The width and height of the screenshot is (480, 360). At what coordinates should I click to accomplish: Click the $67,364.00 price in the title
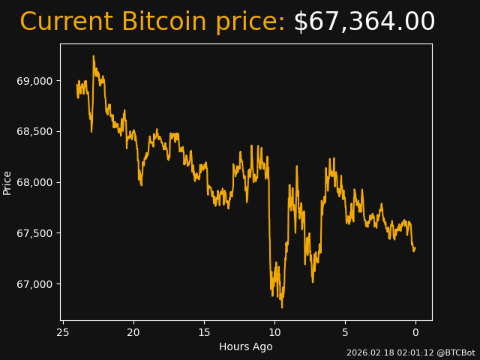[x=364, y=22]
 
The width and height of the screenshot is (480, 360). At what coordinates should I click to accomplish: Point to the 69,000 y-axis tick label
[x=34, y=81]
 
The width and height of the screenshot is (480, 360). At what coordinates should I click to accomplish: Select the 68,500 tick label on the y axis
[x=34, y=132]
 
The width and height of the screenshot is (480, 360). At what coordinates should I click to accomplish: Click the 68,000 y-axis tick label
[x=34, y=182]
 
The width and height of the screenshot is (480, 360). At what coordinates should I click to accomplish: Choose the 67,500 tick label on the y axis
[x=34, y=233]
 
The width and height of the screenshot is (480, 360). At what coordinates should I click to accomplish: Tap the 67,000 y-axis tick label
[x=34, y=284]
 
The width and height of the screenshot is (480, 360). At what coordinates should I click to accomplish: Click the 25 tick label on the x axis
[x=63, y=332]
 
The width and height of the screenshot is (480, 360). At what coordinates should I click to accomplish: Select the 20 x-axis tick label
[x=133, y=332]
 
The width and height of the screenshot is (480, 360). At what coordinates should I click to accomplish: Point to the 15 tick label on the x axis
[x=204, y=332]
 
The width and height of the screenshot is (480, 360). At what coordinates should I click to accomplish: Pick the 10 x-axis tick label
[x=274, y=332]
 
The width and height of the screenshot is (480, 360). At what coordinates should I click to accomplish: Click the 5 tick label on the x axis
[x=345, y=332]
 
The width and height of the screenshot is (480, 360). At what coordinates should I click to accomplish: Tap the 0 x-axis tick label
[x=415, y=332]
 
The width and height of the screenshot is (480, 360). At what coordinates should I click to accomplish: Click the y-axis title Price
[x=7, y=182]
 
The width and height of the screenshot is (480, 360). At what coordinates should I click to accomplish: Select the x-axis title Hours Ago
[x=246, y=346]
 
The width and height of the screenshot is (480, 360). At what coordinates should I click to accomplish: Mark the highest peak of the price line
[x=94, y=55]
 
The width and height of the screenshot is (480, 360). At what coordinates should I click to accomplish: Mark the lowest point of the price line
[x=282, y=307]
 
